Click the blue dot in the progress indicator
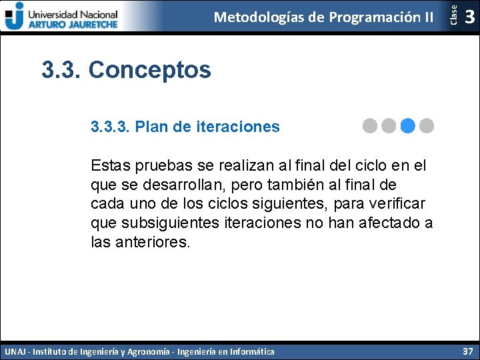[x=409, y=125]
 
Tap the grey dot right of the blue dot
[x=427, y=125]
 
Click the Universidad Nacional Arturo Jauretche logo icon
[x=13, y=15]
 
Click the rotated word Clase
[x=453, y=15]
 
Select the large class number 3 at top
[x=470, y=17]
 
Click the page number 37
[x=467, y=351]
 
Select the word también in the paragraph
[x=294, y=184]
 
